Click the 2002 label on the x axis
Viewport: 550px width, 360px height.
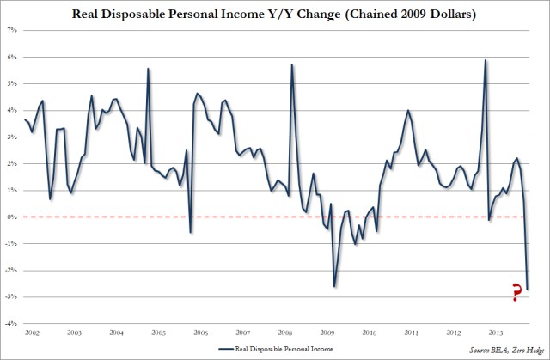(34, 332)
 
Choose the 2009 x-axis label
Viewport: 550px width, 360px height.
(327, 332)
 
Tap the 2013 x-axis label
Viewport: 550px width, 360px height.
(496, 332)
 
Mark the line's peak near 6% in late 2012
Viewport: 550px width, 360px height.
(486, 60)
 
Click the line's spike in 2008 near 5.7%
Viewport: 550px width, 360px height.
(292, 65)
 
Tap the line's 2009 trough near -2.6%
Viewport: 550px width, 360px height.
(334, 286)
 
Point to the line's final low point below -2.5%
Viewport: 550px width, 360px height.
(527, 289)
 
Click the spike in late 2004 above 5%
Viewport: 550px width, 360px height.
(149, 69)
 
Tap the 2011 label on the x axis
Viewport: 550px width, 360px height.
(412, 332)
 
